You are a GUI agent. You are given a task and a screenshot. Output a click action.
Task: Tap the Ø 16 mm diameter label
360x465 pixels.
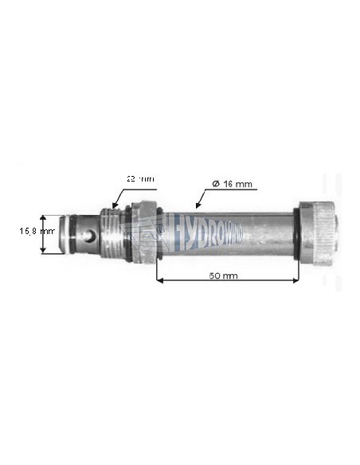233,184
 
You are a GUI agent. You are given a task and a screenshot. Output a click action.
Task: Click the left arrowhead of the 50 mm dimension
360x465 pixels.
159,281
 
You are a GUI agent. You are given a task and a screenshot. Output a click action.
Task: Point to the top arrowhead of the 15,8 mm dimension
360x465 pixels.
48,217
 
